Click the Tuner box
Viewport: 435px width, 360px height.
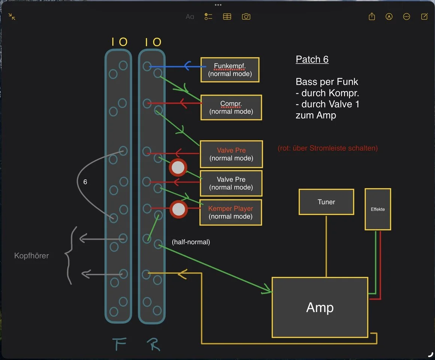(x=326, y=202)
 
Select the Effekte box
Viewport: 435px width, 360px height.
(x=378, y=209)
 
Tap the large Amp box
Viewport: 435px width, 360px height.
(x=320, y=307)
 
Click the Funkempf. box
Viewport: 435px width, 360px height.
(x=230, y=70)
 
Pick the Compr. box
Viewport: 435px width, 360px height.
(x=231, y=107)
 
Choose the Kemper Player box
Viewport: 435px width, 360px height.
(x=230, y=212)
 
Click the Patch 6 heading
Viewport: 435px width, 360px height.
(x=312, y=59)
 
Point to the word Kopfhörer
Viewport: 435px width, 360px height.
(x=32, y=256)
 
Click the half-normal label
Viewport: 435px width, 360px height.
(x=191, y=242)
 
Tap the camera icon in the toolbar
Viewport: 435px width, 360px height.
(x=246, y=16)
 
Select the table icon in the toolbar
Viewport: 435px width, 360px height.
(x=227, y=16)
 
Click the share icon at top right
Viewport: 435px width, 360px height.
(x=372, y=16)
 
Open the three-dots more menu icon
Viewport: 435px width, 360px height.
(x=406, y=16)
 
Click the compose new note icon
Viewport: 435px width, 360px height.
(x=424, y=16)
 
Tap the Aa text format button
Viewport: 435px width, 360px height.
(x=190, y=16)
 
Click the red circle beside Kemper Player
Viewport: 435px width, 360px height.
(x=179, y=209)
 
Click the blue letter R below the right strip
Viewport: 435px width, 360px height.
(x=153, y=343)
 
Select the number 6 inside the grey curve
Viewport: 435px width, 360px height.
(x=85, y=182)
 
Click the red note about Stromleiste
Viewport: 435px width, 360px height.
(x=328, y=148)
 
